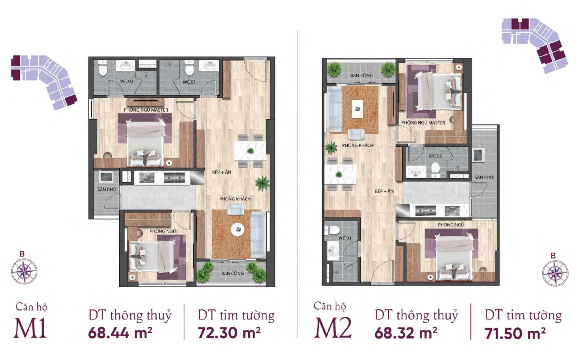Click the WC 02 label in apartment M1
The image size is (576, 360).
coord(127,81)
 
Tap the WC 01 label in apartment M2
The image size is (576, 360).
coord(345,238)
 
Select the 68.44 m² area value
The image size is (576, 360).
coord(120,333)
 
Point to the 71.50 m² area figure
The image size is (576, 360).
coord(515,333)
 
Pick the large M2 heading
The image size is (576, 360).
coord(333,328)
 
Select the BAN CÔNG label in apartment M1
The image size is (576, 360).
coord(232,273)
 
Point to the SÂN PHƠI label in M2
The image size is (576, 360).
coord(484,177)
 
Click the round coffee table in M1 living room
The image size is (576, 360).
coord(238,229)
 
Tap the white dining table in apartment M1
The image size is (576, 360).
coord(250,151)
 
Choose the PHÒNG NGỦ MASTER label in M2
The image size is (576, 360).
coord(423,123)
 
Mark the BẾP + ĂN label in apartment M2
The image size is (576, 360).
coord(384,191)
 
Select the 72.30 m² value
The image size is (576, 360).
coord(229,333)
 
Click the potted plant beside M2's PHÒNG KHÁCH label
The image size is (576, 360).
coord(331,148)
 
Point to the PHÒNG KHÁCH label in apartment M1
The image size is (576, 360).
coord(235,199)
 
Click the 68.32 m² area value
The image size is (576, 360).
coord(406,333)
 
